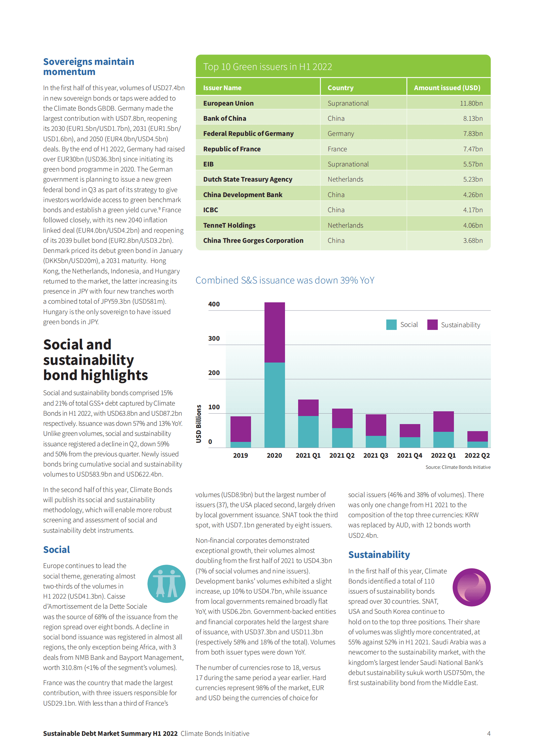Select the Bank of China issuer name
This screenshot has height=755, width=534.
224,118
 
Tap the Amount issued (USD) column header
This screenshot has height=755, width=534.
447,88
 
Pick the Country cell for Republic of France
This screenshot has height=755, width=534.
337,149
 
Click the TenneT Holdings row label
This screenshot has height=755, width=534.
229,225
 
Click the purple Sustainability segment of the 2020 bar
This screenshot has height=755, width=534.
275,332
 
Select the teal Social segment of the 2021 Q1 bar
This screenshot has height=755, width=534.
308,431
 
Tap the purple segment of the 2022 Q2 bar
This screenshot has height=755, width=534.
477,436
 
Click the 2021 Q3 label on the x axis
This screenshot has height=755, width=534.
376,455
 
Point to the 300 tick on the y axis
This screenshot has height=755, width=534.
214,338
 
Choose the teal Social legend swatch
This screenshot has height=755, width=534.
391,325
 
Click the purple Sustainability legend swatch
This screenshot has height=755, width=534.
432,325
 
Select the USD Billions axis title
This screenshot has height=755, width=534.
199,423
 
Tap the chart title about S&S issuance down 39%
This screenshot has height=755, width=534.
285,280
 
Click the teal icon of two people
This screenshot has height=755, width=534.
166,583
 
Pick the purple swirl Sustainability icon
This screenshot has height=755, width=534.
471,587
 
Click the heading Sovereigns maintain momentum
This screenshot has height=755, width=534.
88,67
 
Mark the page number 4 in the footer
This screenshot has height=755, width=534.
489,733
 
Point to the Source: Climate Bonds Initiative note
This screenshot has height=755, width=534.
458,467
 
